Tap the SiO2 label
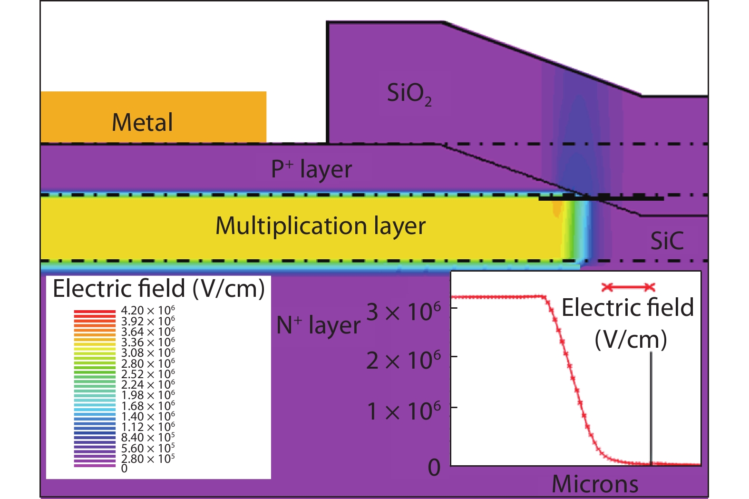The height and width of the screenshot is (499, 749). (409, 94)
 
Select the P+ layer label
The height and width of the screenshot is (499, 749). (311, 169)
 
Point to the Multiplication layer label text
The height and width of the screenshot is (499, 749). (320, 226)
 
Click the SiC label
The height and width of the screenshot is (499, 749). (667, 241)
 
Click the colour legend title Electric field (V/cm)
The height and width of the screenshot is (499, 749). (158, 289)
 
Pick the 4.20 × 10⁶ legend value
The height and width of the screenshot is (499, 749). (148, 311)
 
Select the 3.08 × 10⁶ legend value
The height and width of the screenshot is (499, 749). (148, 353)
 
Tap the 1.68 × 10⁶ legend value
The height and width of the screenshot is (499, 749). (148, 406)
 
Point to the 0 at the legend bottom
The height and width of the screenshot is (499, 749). (124, 469)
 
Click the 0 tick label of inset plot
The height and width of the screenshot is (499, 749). (434, 468)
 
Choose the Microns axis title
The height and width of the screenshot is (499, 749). (594, 484)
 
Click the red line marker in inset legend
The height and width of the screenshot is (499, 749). (628, 287)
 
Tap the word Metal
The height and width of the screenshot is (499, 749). (142, 123)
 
